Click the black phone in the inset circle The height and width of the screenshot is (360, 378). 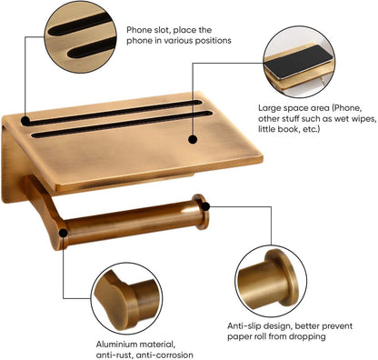(x=298, y=62)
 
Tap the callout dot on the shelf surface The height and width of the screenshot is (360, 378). (x=193, y=139)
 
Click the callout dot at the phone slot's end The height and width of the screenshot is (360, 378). (x=25, y=121)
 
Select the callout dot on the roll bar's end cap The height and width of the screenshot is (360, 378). (x=205, y=206)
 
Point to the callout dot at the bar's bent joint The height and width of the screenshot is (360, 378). (x=64, y=233)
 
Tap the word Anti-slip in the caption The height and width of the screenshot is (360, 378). (x=244, y=326)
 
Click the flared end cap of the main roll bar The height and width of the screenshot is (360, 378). (x=201, y=212)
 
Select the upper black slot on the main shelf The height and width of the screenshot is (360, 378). (x=113, y=112)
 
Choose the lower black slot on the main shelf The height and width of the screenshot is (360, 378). (x=122, y=125)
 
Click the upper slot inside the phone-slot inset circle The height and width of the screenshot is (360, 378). (x=80, y=24)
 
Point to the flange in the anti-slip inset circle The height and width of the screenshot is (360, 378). (x=284, y=278)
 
